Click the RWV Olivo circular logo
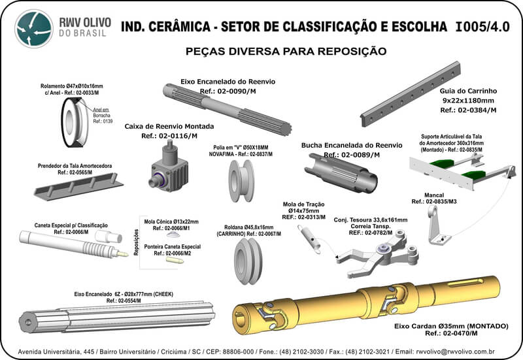coord(34,29)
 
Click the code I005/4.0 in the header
coord(482,27)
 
